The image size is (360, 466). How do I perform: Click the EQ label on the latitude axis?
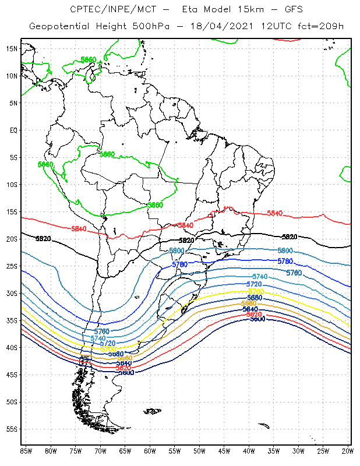coord(13,130)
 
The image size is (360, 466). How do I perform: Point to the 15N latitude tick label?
coord(12,48)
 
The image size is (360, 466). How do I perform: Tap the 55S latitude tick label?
coord(12,429)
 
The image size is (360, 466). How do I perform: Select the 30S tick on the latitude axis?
coord(12,293)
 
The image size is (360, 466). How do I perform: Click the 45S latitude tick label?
coord(12,375)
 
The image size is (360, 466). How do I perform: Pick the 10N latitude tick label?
coord(12,76)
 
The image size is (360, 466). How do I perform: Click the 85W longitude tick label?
coord(26,451)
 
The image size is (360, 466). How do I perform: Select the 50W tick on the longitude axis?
coord(199,451)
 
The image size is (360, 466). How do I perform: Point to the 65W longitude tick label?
coord(125,451)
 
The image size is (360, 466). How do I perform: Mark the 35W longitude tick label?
coord(274,451)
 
